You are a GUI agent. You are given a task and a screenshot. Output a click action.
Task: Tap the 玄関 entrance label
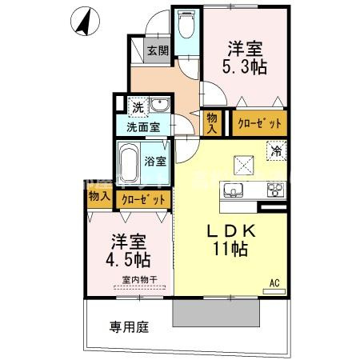coord(158,52)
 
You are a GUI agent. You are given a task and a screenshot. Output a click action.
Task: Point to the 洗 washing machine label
coord(138,107)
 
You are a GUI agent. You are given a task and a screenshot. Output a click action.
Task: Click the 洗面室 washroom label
coord(142,126)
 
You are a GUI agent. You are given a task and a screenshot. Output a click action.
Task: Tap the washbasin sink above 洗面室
coord(158,106)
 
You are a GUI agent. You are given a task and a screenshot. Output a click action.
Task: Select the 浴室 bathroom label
coord(155,161)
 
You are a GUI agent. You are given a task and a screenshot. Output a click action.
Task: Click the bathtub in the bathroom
coord(129,164)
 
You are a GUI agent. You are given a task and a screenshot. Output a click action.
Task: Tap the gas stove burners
coord(275,190)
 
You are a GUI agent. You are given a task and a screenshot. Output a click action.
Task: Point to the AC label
coord(274,283)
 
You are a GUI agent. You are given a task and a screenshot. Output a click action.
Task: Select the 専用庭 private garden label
coord(129,326)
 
